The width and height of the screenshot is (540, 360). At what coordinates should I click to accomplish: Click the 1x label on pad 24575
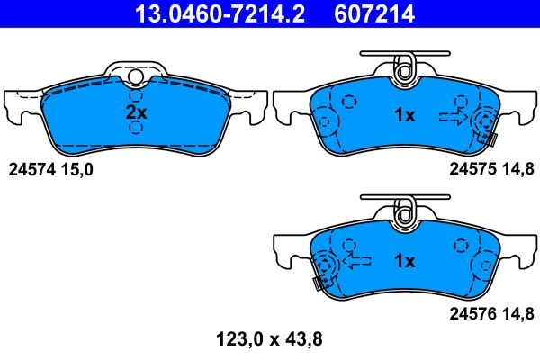tap(404, 115)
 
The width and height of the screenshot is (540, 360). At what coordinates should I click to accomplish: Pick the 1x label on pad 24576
tap(404, 261)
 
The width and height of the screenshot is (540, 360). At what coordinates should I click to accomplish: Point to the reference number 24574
tap(31, 168)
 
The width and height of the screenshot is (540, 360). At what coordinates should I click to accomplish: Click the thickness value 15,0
tap(76, 168)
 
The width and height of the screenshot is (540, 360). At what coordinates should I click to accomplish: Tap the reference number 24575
tap(473, 168)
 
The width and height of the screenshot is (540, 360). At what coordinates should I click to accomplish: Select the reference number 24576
tap(473, 313)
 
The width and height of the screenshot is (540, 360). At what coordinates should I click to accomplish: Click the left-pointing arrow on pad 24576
tap(356, 262)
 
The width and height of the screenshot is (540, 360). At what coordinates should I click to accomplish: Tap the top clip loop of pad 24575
tap(404, 67)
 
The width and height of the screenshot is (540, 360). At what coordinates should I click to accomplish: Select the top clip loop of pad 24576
tap(404, 211)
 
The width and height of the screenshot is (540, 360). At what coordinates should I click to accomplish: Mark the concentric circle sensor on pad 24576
tap(326, 265)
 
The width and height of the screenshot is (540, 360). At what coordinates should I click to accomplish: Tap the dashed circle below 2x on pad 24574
tap(135, 129)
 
